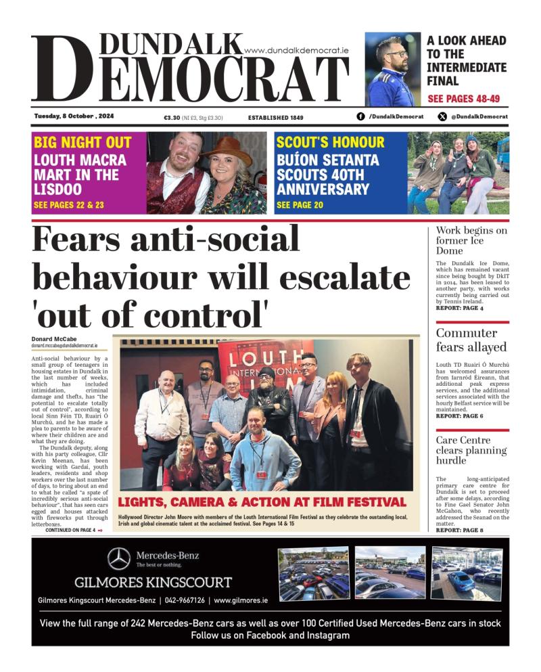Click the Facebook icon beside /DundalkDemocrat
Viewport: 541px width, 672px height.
click(360, 116)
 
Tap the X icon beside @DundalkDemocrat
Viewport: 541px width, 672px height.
click(442, 116)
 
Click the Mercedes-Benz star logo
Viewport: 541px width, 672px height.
click(119, 558)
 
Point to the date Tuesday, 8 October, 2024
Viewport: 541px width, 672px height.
click(74, 116)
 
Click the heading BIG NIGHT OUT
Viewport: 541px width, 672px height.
click(83, 143)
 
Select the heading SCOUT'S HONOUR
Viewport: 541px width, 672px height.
click(330, 143)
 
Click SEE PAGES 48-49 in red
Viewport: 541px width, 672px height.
click(464, 99)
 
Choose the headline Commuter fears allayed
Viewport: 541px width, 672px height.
click(471, 340)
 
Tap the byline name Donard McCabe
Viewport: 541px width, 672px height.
click(54, 339)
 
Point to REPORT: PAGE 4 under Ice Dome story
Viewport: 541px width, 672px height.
click(459, 308)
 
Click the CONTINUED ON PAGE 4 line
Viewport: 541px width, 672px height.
click(71, 530)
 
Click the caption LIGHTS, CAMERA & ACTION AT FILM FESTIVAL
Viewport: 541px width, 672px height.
click(262, 502)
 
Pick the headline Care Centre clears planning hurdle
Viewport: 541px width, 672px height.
click(471, 450)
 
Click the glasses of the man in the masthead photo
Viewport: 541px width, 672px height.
click(395, 53)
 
